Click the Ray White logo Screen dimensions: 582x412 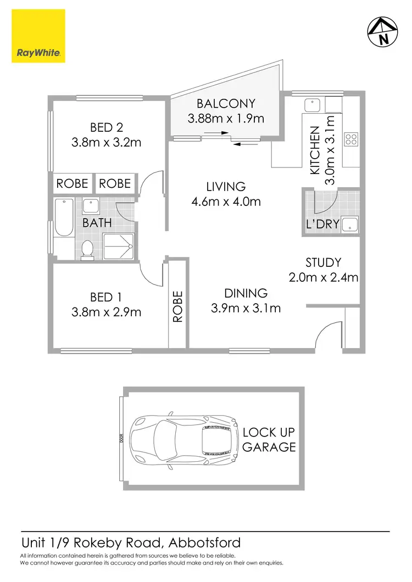tap(38, 37)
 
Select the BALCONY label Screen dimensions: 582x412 tap(226, 103)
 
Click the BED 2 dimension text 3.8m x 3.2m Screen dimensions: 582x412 tap(107, 142)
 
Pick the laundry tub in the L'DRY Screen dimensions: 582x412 tap(349, 224)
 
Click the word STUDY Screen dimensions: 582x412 tap(324, 262)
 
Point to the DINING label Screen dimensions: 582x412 tap(246, 293)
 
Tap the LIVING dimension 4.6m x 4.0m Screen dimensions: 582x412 tap(226, 202)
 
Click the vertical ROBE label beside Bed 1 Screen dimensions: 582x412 tap(177, 310)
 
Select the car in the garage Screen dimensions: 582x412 tap(182, 438)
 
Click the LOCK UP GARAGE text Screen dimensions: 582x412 tap(269, 439)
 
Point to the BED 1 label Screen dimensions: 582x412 tap(105, 297)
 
